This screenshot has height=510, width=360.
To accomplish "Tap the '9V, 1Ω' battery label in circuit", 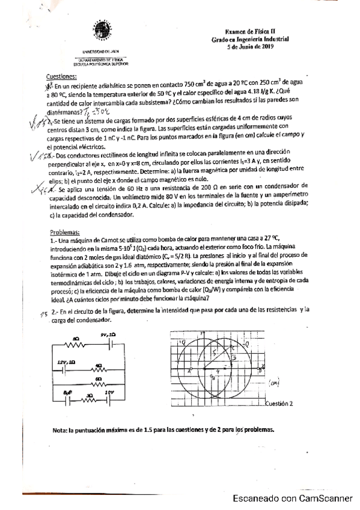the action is point(109,334).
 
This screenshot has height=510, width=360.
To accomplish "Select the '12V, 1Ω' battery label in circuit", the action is point(66,362).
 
